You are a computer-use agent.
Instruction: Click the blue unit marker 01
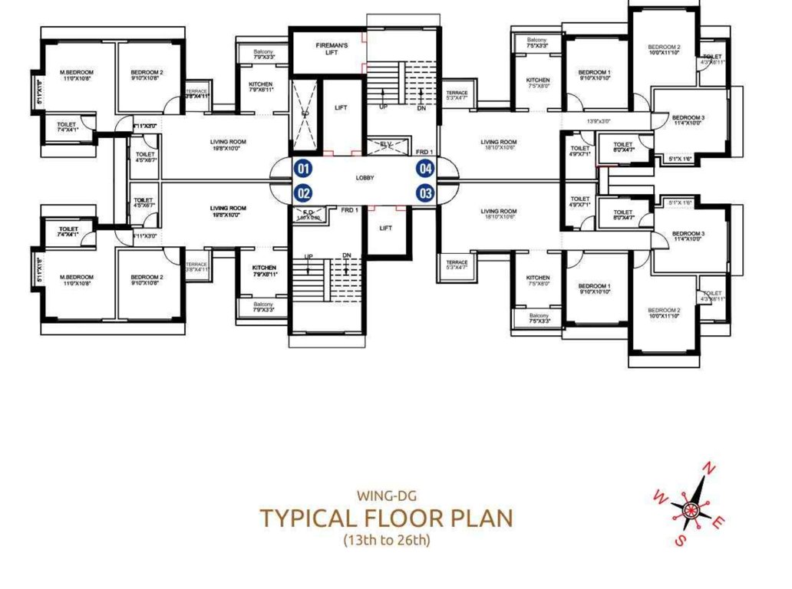click(x=303, y=169)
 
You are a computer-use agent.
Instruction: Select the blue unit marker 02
click(x=303, y=193)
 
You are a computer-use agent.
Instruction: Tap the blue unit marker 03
click(x=425, y=193)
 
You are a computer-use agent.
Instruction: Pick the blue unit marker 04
click(x=425, y=169)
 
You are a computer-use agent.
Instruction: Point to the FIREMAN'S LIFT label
click(x=332, y=49)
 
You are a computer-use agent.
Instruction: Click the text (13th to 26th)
click(x=385, y=540)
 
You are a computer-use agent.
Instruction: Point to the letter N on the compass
click(x=711, y=469)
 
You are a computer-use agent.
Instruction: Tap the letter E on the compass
click(x=716, y=524)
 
